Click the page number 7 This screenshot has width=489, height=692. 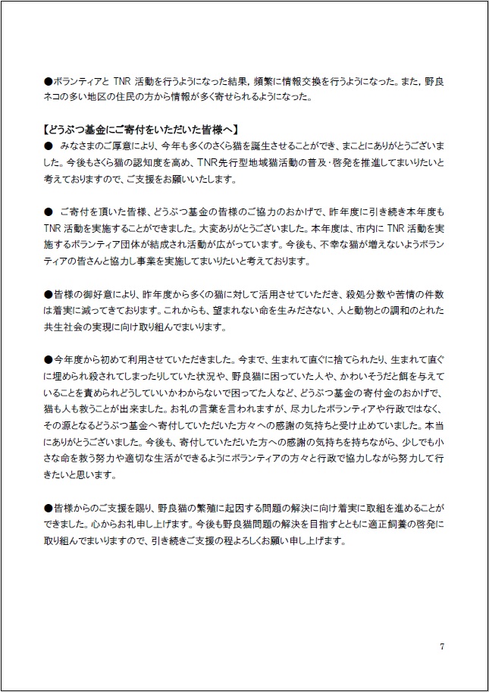tap(442, 646)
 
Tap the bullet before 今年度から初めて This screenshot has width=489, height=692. tap(47, 359)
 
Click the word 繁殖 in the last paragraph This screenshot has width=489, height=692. tap(221, 507)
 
